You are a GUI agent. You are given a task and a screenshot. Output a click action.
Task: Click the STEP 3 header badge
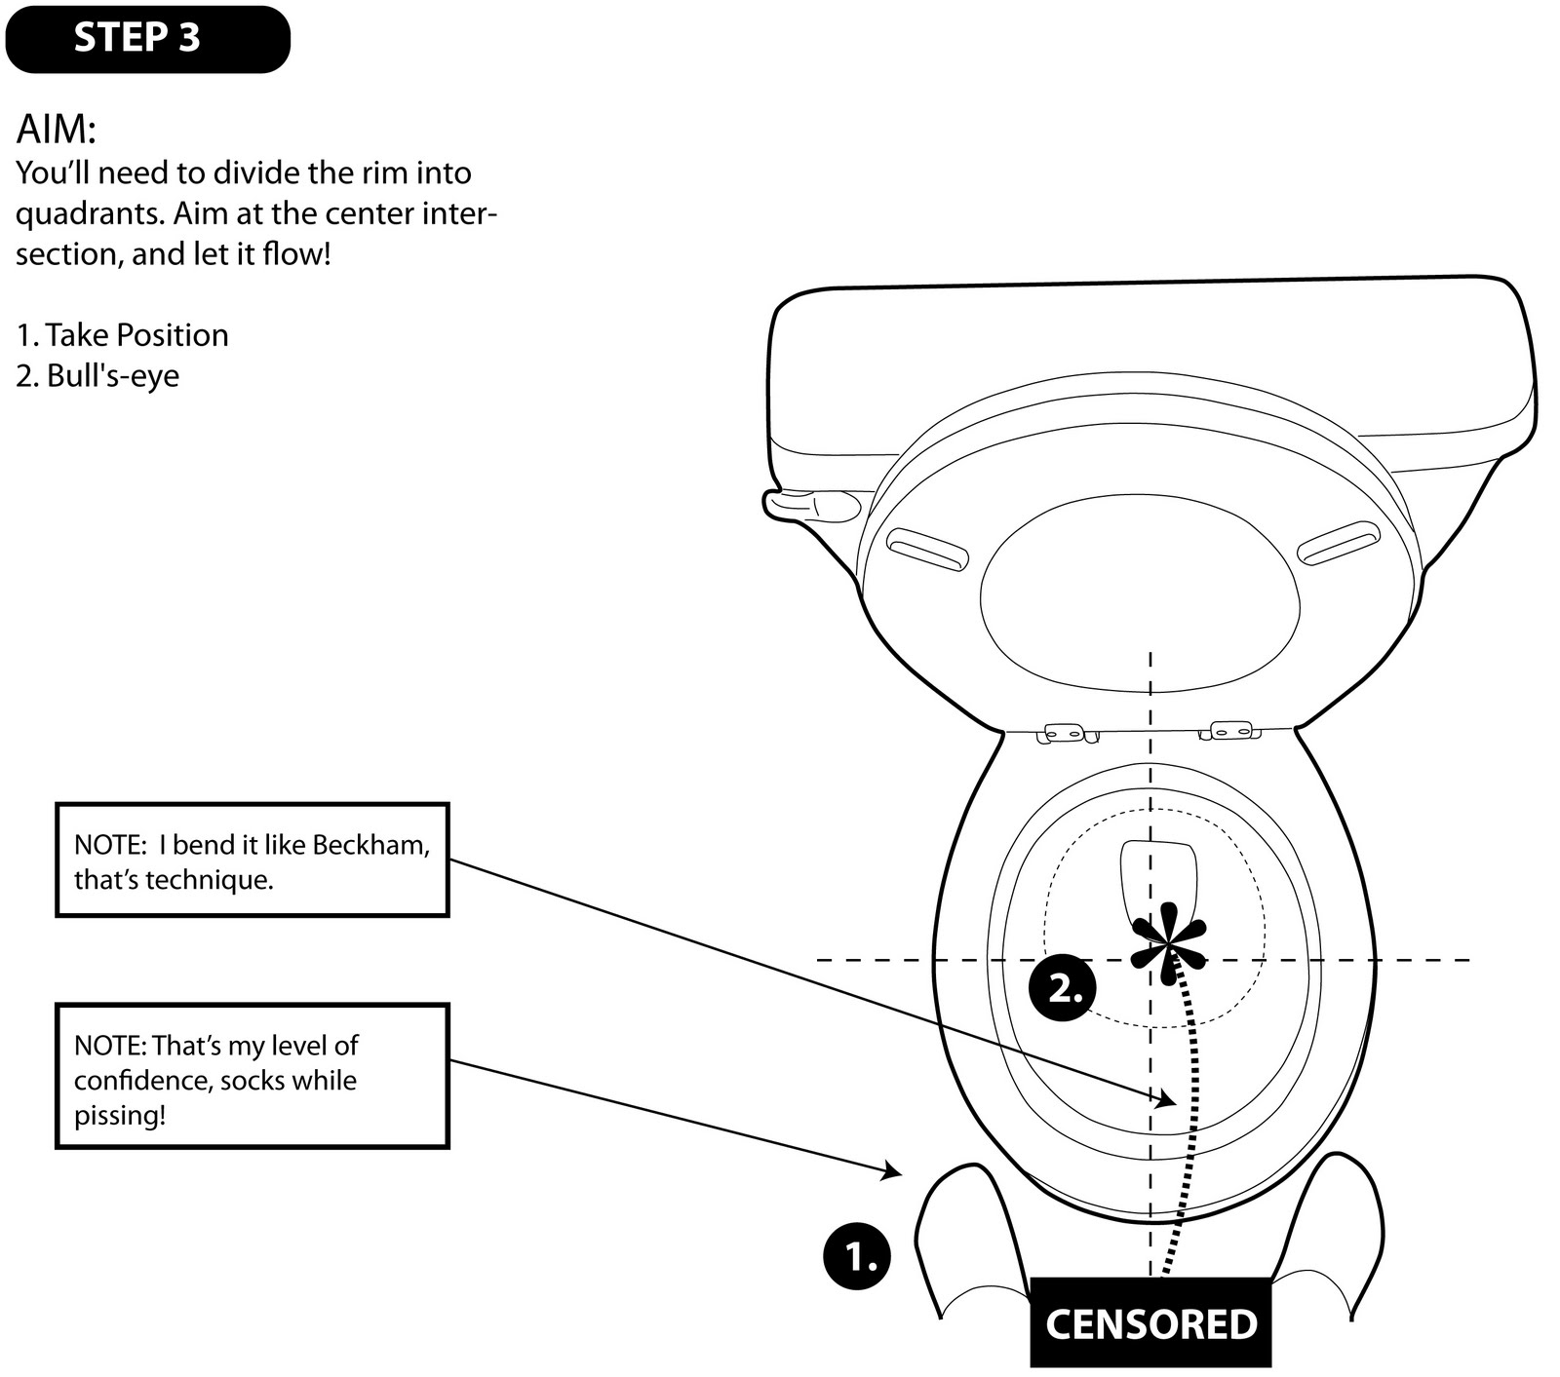pos(146,39)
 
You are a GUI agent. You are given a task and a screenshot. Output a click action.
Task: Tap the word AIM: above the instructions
pos(56,130)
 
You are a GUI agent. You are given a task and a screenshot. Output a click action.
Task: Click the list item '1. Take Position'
pos(122,335)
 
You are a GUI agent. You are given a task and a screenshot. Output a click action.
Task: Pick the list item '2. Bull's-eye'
pos(97,376)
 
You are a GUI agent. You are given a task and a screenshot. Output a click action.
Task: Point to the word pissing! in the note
pos(120,1115)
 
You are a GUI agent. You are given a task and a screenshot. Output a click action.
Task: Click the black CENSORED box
pos(1150,1323)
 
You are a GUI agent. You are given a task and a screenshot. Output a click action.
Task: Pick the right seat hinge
pos(1229,730)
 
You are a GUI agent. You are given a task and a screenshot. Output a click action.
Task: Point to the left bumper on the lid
pos(928,549)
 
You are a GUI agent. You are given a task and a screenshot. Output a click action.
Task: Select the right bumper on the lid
pos(1339,543)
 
